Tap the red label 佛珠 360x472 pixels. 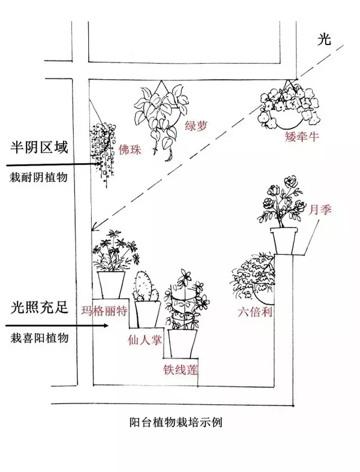pyautogui.click(x=131, y=150)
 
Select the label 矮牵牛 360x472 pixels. pyautogui.click(x=302, y=137)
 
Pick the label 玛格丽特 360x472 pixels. pyautogui.click(x=104, y=311)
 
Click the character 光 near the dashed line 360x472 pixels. pyautogui.click(x=324, y=40)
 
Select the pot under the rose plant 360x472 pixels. pyautogui.click(x=285, y=239)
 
